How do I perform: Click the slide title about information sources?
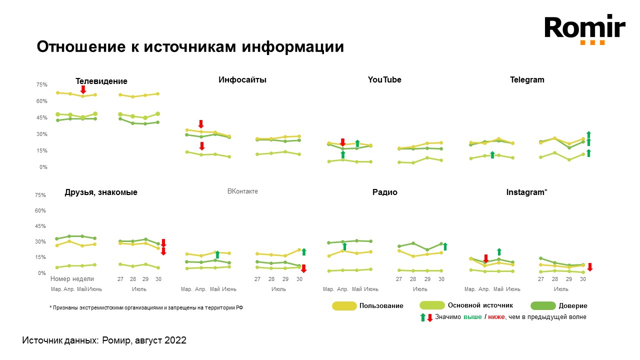(x=190, y=47)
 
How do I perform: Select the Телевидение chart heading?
(x=101, y=81)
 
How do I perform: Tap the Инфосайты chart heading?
(x=242, y=79)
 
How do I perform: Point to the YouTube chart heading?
(x=384, y=79)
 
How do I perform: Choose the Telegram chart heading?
(x=527, y=79)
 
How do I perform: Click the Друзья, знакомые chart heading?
(x=101, y=192)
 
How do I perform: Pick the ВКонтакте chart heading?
(x=242, y=191)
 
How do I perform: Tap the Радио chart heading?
(x=385, y=192)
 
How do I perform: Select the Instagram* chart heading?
(x=527, y=192)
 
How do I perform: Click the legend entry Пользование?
(x=381, y=305)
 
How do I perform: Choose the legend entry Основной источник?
(x=480, y=305)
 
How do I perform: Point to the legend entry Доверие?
(x=573, y=305)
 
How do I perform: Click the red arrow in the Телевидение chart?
(x=83, y=89)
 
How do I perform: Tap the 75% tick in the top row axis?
(x=41, y=85)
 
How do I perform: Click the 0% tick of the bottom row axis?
(x=41, y=273)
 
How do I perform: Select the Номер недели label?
(x=72, y=279)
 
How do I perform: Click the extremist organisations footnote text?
(x=146, y=308)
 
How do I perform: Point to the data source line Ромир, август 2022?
(x=104, y=340)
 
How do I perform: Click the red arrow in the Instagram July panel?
(x=590, y=267)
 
